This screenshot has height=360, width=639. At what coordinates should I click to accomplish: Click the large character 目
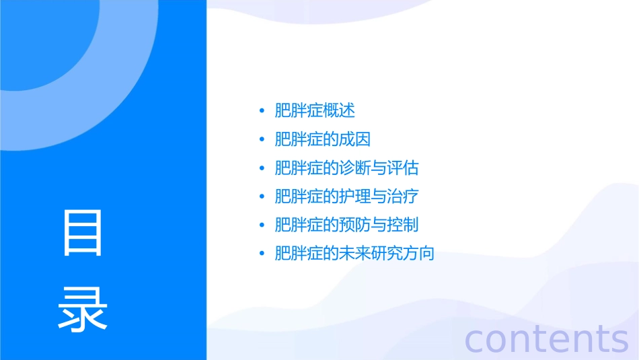click(83, 232)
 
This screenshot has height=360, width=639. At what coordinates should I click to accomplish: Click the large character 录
click(83, 310)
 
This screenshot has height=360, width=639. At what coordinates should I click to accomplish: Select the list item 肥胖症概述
click(315, 110)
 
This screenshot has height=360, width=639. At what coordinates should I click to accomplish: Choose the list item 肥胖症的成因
click(323, 139)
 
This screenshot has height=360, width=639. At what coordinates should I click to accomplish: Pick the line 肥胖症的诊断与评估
click(347, 168)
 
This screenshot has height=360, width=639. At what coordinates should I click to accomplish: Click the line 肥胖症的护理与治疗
click(347, 196)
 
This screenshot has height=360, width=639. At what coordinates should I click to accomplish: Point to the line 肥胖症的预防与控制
click(347, 225)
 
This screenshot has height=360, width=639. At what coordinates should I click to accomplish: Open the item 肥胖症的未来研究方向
click(355, 254)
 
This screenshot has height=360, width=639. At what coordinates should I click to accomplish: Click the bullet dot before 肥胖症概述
click(262, 111)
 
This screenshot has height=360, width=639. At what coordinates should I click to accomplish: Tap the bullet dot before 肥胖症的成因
click(262, 139)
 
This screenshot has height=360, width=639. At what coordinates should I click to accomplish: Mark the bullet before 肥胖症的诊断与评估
click(262, 168)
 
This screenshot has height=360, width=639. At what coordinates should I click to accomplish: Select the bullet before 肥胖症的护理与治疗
click(262, 196)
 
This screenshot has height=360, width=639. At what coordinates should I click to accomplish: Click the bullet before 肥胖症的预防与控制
click(262, 225)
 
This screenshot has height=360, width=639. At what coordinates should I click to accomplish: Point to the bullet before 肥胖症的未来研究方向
click(262, 254)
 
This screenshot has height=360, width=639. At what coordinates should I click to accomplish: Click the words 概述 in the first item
click(339, 110)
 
